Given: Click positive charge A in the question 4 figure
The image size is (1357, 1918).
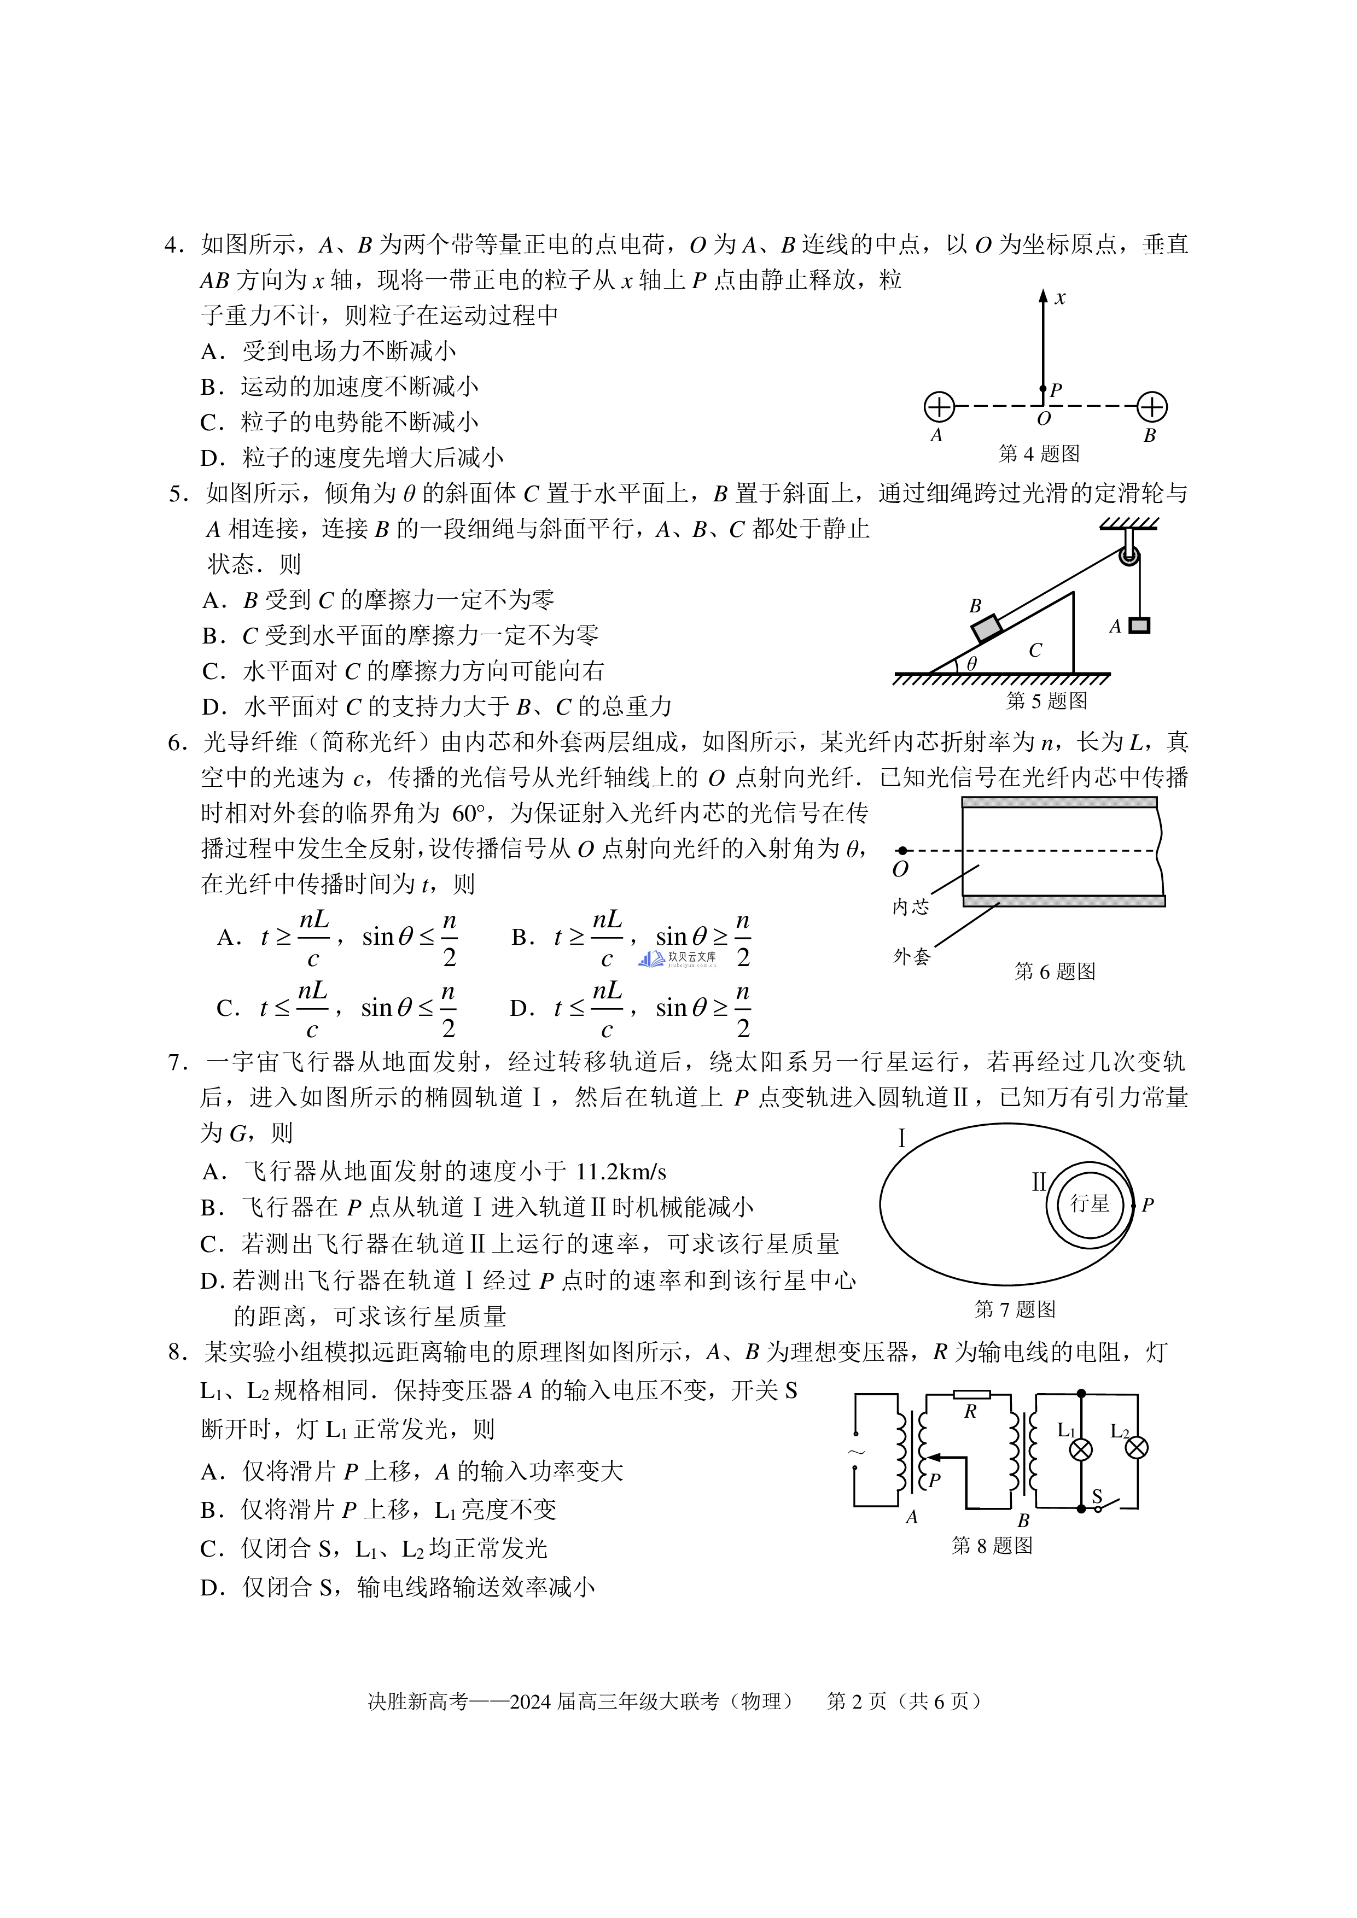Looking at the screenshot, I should coord(939,407).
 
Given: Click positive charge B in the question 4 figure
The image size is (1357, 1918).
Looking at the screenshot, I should coord(1152,407).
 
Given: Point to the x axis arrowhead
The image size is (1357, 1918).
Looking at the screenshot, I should coord(1043,296).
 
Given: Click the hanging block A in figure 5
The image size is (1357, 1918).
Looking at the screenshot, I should coord(1139,625).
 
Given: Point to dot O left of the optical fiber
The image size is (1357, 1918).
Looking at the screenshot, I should coord(902,850).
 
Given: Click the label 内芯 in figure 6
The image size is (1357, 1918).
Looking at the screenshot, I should coord(910,907).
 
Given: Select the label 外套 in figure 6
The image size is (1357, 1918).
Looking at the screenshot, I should coord(911,956).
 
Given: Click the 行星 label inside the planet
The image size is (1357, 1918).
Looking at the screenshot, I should coord(1090,1204).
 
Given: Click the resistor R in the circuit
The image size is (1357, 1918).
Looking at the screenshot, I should coord(972,1394).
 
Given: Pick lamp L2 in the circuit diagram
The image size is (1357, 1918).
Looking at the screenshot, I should coord(1137,1448).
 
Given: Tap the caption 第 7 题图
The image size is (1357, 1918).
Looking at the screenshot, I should coord(1015,1309).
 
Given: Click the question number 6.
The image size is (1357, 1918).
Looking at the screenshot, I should coord(176,742).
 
